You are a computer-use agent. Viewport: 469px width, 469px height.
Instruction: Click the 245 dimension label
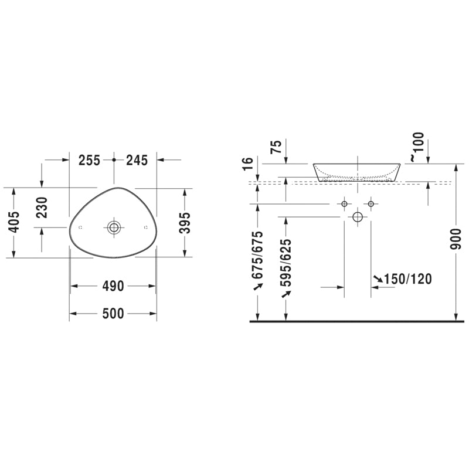135,159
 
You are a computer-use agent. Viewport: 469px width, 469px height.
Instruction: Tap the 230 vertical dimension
42,207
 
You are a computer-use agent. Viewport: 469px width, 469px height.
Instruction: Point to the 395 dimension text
185,222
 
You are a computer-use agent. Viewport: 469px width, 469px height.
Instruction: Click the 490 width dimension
113,286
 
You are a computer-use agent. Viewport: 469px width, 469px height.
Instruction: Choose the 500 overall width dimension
113,314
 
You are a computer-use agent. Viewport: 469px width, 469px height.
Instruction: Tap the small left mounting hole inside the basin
80,227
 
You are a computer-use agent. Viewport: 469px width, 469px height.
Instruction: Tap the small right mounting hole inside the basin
145,227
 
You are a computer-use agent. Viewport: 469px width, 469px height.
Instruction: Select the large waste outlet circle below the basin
358,217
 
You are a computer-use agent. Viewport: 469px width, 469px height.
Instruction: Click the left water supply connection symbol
344,203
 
